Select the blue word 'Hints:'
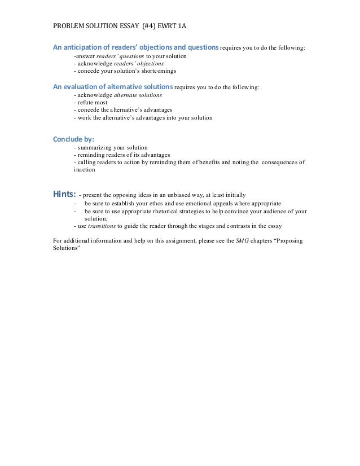pos(64,194)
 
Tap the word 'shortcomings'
pos(158,72)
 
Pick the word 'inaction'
pos(85,170)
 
